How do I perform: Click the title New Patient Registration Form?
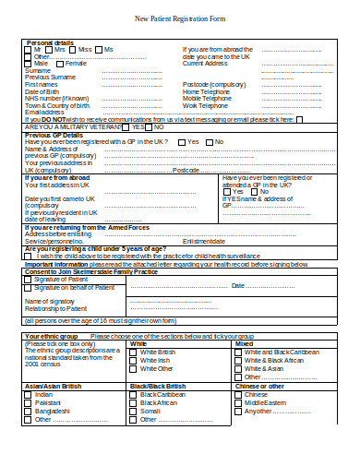pos(180,18)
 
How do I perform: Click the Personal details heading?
pos(50,42)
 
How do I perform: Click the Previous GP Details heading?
pos(54,135)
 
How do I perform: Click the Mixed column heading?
pos(245,343)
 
